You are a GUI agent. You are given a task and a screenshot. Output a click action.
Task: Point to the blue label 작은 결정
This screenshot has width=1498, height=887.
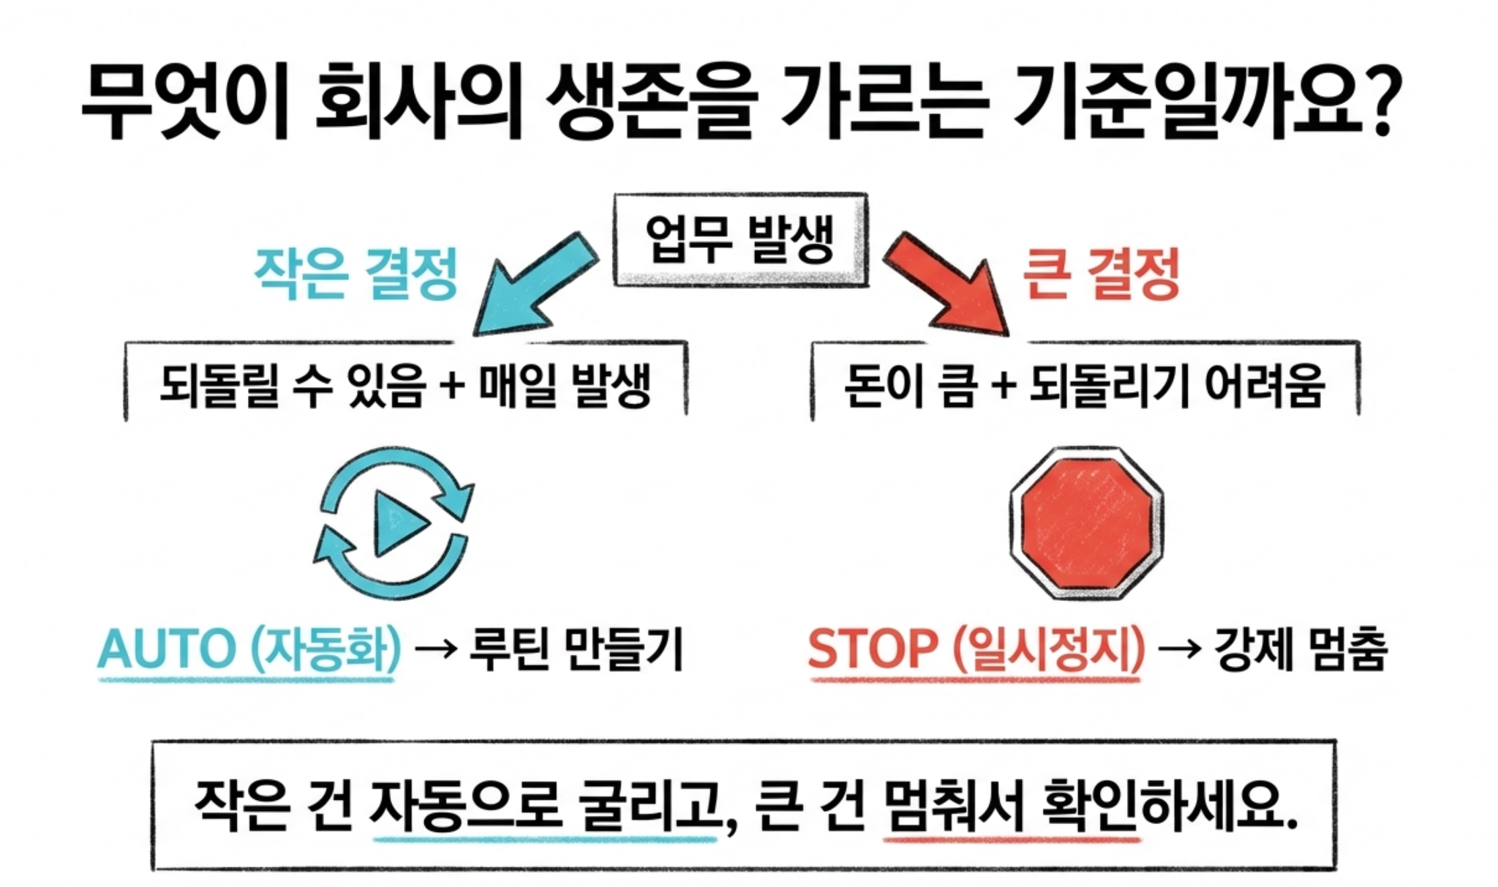click(355, 273)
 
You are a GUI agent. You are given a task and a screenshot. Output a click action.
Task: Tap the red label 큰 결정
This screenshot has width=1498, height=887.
click(1100, 273)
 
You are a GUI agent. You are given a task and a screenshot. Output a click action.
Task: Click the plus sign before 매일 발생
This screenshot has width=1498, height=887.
click(453, 386)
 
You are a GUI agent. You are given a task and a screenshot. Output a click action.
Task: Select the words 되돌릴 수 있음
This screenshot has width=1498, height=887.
click(292, 386)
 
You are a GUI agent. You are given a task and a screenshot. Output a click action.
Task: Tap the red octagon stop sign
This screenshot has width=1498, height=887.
click(1086, 523)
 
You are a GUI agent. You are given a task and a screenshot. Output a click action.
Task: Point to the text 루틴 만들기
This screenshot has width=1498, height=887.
click(576, 648)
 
